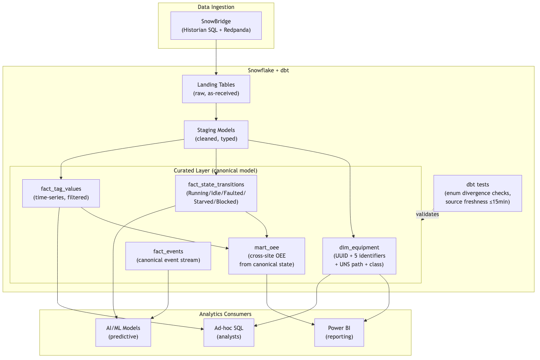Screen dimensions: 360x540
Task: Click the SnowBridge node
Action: coord(216,25)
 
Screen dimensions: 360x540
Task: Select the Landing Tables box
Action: coord(216,89)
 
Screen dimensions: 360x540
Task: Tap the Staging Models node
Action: coord(216,134)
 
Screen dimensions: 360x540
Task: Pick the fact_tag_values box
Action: coord(61,193)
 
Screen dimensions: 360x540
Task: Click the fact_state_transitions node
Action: coord(216,193)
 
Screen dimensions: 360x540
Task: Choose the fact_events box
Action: coord(168,256)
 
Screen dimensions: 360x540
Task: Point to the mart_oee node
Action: coord(266,256)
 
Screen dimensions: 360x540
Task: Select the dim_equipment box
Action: coord(359,256)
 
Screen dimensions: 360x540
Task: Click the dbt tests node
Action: coord(477,193)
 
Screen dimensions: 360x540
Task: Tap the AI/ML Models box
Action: coord(123,332)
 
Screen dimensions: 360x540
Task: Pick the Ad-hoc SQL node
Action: coord(229,332)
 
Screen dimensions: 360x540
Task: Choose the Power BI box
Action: coord(339,332)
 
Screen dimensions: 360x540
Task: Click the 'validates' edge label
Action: coord(427,214)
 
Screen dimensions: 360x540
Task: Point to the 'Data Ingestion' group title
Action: coord(216,7)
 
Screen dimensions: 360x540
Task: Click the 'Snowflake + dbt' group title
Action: coord(268,70)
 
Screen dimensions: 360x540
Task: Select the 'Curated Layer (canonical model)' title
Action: coord(215,170)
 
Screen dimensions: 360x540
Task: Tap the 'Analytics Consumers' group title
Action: coord(225,314)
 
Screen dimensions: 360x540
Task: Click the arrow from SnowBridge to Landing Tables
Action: coord(216,57)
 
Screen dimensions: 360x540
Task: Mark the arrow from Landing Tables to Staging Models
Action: coord(216,112)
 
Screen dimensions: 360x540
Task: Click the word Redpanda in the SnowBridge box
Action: coord(237,30)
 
